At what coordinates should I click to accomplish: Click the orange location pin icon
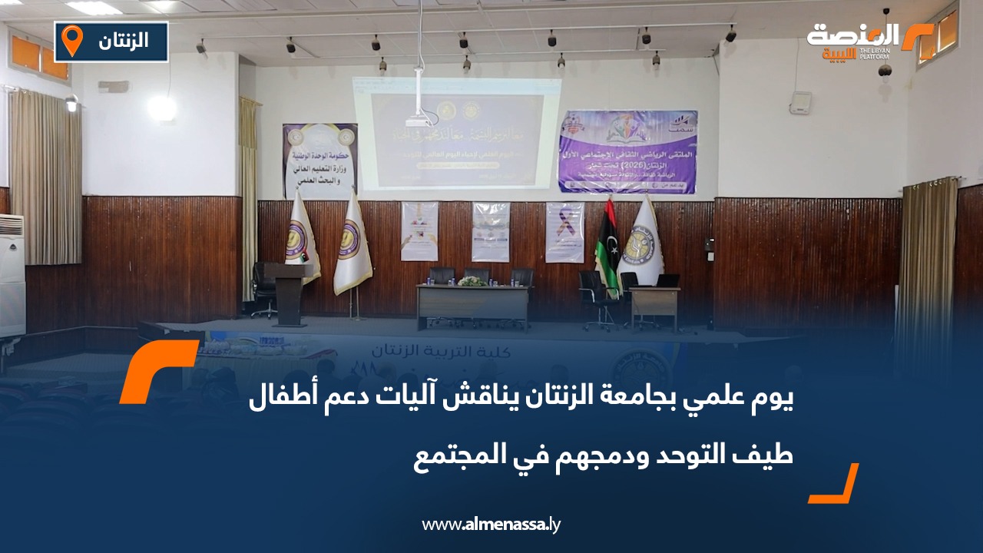(71, 41)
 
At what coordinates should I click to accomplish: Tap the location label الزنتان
(124, 41)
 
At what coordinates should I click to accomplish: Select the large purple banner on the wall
(627, 151)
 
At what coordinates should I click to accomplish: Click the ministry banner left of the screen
(319, 161)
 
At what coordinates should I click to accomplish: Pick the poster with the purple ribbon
(564, 232)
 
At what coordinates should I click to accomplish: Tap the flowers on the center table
(472, 282)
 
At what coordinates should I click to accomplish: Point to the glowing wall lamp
(161, 108)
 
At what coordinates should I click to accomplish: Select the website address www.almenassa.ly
(492, 525)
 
